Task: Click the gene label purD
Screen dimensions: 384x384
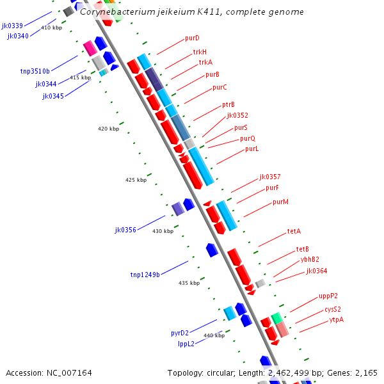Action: coord(192,38)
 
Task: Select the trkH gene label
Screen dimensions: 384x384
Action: coord(200,52)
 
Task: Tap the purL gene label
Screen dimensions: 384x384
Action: coord(252,149)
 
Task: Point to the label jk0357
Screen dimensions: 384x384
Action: coord(270,177)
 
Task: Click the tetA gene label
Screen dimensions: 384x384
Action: coord(294,231)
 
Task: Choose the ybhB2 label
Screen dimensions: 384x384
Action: coord(310,259)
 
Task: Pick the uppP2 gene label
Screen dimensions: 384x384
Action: coord(328,296)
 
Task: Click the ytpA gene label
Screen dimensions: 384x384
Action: coord(337,319)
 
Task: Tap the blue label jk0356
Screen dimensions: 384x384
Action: coord(125,230)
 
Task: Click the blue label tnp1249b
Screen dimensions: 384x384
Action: coord(145,275)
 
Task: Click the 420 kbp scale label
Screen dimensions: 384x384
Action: coord(108,129)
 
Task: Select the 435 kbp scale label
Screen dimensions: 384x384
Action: coord(189,283)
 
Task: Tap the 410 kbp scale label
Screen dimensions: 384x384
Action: coord(51,28)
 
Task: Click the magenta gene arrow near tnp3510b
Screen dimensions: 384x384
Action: coord(90,47)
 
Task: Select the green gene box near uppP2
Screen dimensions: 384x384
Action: coord(277,317)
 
